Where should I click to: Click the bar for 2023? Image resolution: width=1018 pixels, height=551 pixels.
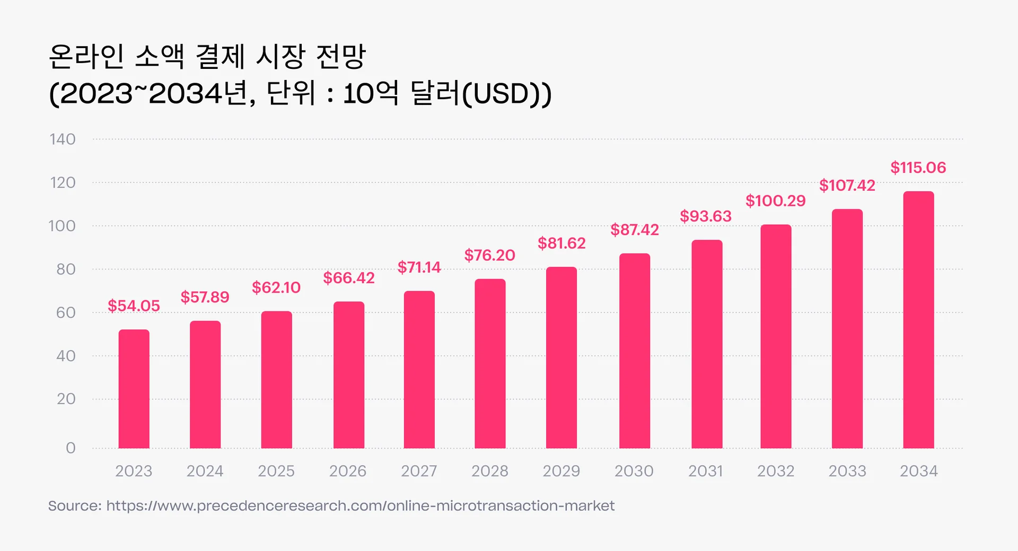coord(134,389)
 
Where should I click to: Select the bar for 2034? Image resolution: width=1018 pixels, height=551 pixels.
coord(918,321)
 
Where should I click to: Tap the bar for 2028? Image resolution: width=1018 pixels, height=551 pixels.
coord(490,364)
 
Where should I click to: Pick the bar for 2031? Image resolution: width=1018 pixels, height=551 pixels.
coord(707,344)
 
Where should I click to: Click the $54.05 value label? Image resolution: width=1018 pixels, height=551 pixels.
coord(134,306)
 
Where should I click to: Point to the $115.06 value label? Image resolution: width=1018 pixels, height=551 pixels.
coord(918,168)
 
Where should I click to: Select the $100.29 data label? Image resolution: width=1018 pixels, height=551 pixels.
coord(775,201)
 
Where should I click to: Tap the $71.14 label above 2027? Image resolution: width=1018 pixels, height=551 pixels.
coord(419,267)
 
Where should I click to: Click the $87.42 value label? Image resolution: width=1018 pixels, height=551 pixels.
coord(634,230)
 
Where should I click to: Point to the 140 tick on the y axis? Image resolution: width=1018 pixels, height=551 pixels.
coord(63,139)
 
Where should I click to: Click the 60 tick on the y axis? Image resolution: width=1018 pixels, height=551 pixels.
coord(66,313)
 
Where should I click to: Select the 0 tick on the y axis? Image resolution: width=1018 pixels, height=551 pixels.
coord(71,448)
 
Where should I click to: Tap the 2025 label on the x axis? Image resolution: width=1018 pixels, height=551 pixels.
coord(276,471)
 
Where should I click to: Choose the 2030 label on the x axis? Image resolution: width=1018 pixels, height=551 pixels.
coord(634,471)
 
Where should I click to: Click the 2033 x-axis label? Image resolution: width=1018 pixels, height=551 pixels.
coord(847,471)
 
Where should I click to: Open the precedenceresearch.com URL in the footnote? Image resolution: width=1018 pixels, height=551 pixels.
coord(360,506)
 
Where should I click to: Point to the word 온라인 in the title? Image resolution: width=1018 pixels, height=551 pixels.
coord(86,56)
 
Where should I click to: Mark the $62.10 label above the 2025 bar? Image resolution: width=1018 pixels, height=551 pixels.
coord(276,288)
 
